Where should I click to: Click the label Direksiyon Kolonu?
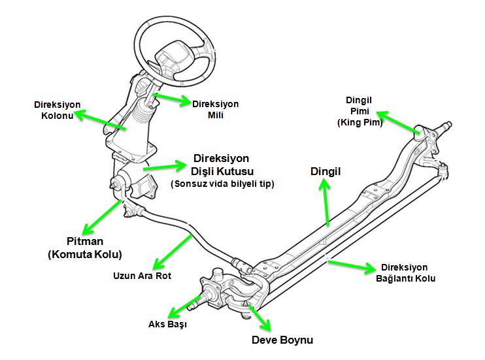tap(58, 110)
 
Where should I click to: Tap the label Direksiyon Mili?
tap(215, 110)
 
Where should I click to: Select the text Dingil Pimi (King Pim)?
tap(360, 111)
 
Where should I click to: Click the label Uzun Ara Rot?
tap(142, 276)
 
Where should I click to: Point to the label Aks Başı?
tap(167, 324)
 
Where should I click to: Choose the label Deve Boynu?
tap(282, 340)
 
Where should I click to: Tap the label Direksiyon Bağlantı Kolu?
tap(405, 273)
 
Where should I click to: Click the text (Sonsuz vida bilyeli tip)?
tap(222, 184)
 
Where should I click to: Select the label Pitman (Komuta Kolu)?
tap(85, 248)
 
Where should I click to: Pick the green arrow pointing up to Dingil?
tap(326, 203)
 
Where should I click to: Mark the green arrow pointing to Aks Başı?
tap(184, 307)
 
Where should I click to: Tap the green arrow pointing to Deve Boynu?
tap(259, 318)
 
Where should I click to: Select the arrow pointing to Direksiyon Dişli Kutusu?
tap(165, 167)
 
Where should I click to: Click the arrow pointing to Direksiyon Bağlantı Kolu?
tap(352, 267)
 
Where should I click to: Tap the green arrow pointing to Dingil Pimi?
tap(398, 122)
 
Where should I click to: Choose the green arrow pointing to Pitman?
tap(102, 217)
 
